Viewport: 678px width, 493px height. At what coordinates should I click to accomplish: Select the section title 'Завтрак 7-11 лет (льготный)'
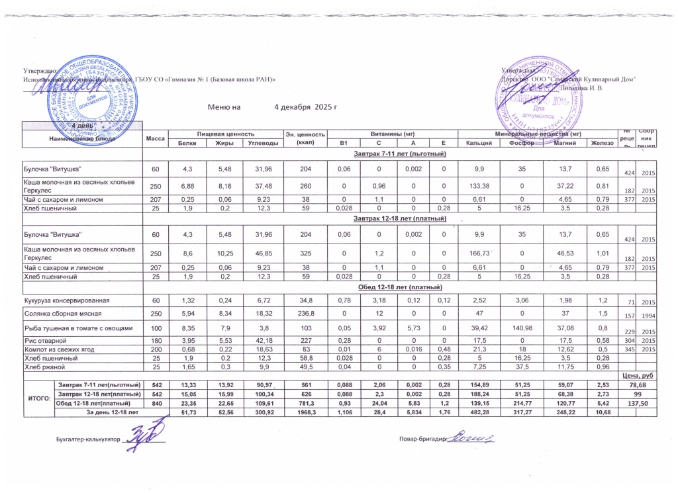(x=395, y=154)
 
